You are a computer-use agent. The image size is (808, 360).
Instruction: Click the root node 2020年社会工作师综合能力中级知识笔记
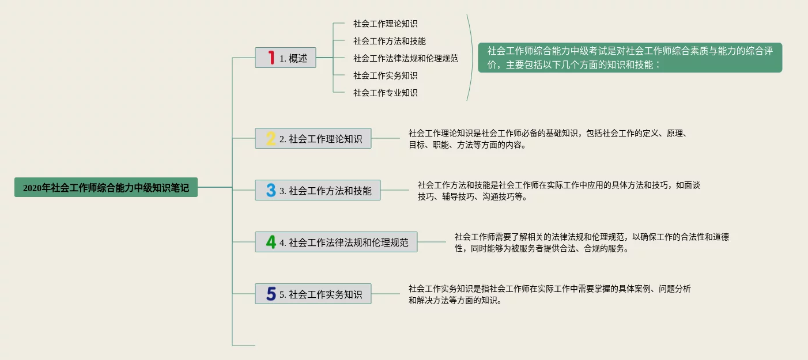[x=106, y=187]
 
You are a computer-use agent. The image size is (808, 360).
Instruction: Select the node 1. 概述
[x=285, y=58]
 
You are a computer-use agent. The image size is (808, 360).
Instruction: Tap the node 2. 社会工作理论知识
[x=313, y=138]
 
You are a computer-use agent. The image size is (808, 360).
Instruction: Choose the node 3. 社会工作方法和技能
[x=318, y=190]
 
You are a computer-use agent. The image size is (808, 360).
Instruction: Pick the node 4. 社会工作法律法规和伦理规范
[x=336, y=242]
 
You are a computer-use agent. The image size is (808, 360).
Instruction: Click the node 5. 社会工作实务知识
[x=313, y=294]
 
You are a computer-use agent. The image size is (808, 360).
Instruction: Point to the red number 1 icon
[x=271, y=58]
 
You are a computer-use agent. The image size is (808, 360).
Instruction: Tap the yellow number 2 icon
[x=271, y=138]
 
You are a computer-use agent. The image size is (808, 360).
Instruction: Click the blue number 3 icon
[x=271, y=190]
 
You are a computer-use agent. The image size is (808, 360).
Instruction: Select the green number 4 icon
[x=271, y=242]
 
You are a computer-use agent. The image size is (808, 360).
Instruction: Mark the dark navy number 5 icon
[x=271, y=294]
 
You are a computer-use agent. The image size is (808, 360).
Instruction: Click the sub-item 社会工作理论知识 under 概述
[x=385, y=24]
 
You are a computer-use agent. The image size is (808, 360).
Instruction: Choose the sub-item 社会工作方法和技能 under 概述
[x=390, y=41]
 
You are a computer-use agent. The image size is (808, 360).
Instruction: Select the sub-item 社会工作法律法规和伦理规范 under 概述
[x=406, y=58]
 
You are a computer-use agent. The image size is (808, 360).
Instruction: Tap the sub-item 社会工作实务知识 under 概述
[x=385, y=75]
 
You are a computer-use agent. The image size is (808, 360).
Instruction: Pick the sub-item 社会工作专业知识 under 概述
[x=385, y=93]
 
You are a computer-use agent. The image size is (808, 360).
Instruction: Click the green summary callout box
[x=630, y=58]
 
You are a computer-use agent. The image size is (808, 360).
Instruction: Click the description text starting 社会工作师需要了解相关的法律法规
[x=592, y=242]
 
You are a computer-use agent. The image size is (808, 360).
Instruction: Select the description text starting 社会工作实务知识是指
[x=549, y=294]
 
